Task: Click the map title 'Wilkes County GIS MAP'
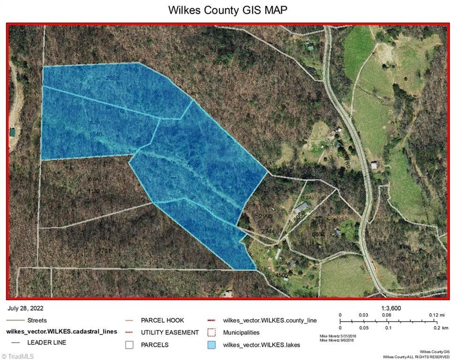coord(228,10)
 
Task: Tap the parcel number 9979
coord(220,62)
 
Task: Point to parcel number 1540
coord(95,134)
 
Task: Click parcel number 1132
coord(94,191)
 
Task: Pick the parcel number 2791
coord(105,251)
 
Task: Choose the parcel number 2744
coord(268,232)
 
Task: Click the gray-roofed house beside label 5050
coord(302,206)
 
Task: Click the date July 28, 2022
coord(25,308)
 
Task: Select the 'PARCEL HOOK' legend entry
coord(162,321)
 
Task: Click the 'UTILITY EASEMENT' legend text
coord(170,333)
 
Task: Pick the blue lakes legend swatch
coord(212,345)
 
